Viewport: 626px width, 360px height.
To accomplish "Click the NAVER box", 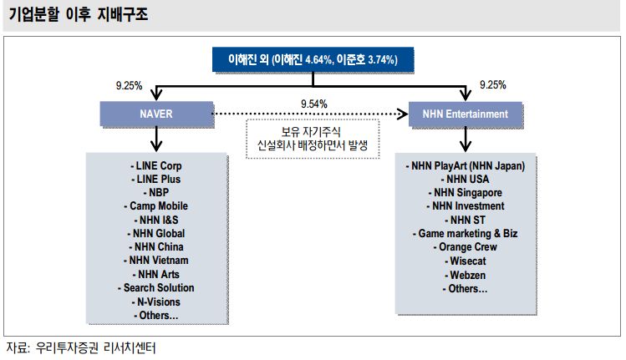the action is click(x=156, y=114).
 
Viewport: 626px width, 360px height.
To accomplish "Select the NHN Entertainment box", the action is click(x=466, y=114).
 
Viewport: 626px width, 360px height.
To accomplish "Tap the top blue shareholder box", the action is click(x=313, y=60).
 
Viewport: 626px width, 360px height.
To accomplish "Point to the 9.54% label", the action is click(x=313, y=104).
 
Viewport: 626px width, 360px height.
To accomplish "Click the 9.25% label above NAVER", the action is click(x=129, y=86).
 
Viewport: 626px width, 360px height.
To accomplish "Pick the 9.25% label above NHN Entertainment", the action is click(x=492, y=85).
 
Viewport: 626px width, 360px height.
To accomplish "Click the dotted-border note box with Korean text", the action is click(x=313, y=139).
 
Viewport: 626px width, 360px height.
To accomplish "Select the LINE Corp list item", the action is click(x=156, y=165).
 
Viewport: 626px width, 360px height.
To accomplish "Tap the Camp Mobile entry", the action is click(x=155, y=206).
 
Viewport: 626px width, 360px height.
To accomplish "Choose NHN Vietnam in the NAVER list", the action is click(x=155, y=261).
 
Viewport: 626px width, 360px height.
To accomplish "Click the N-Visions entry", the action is click(x=155, y=302).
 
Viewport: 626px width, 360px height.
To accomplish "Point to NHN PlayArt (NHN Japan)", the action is click(x=466, y=165).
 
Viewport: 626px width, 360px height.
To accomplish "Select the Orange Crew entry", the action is click(x=466, y=247).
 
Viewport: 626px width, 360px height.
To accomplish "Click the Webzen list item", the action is click(x=466, y=275).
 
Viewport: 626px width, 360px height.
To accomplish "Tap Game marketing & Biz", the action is click(x=466, y=234).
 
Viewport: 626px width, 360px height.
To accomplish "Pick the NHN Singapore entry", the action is click(x=466, y=192).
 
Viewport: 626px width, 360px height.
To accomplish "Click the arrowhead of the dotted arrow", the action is click(x=403, y=114).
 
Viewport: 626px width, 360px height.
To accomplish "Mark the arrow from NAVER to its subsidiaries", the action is click(x=156, y=139).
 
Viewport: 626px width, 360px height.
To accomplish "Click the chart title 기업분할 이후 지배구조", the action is click(x=79, y=15).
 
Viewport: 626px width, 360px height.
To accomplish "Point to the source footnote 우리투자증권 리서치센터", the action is click(x=96, y=348).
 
